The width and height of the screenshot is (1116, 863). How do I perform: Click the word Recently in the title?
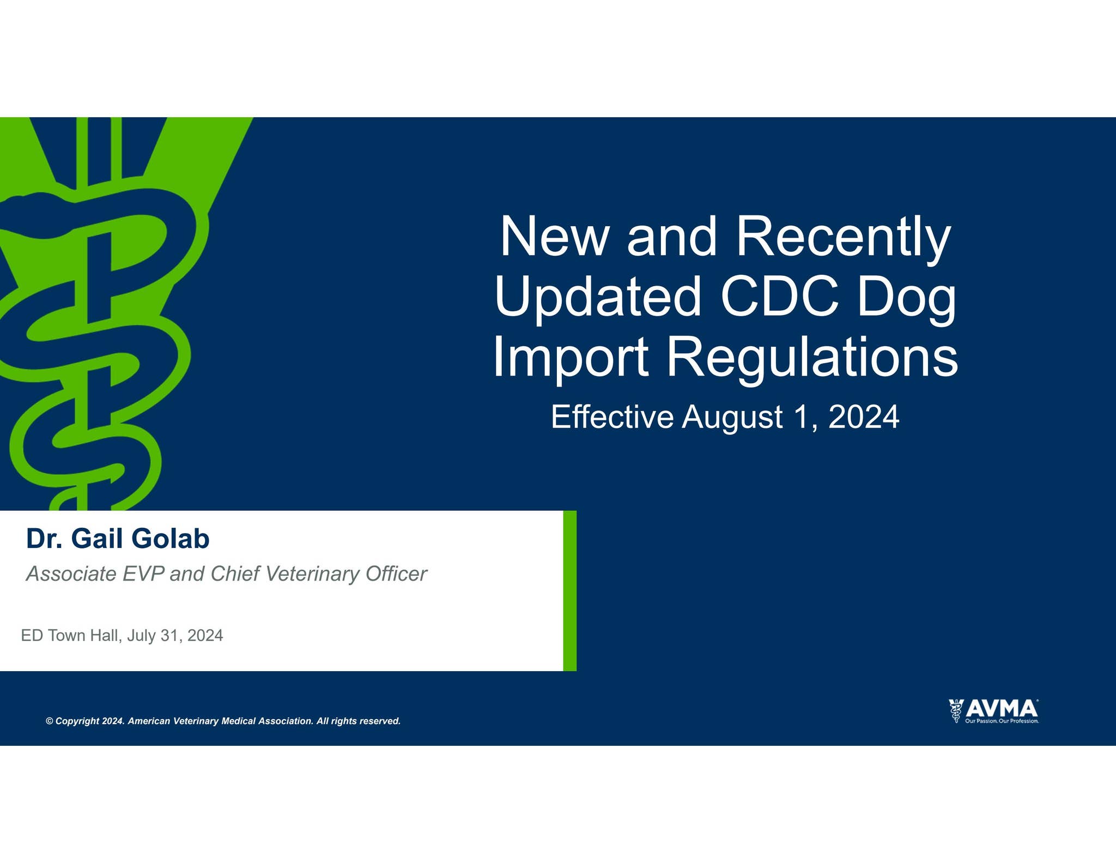(843, 238)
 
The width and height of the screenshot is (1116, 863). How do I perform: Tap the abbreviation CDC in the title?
(780, 297)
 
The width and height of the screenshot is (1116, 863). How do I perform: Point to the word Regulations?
(812, 358)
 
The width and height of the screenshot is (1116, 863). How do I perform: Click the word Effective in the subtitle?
(612, 417)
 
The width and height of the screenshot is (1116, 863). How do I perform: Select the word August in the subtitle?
(733, 418)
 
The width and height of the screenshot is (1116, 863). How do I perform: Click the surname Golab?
(170, 539)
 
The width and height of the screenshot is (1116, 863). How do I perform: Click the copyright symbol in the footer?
(50, 721)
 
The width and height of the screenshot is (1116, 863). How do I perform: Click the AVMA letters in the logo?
(1002, 709)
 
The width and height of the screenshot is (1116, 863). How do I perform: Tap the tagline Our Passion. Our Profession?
(1002, 721)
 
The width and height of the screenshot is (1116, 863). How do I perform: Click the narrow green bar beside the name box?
(569, 590)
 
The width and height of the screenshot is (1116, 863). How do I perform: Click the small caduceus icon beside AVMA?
(956, 711)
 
